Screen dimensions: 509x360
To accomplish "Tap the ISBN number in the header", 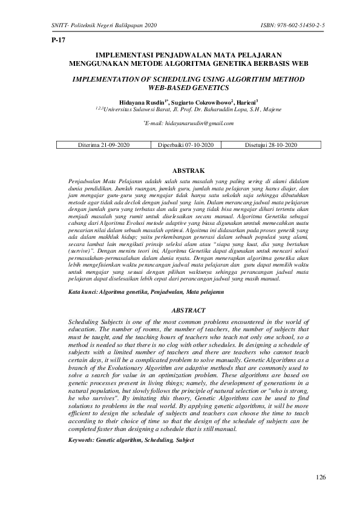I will tap(292, 24).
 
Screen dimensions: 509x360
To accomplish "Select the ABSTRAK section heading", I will tap(180, 172).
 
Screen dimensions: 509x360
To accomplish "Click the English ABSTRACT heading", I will tap(180, 310).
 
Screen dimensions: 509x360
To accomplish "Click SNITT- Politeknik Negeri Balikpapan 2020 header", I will tap(97, 24).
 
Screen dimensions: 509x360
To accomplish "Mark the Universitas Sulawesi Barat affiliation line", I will tap(180, 110).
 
